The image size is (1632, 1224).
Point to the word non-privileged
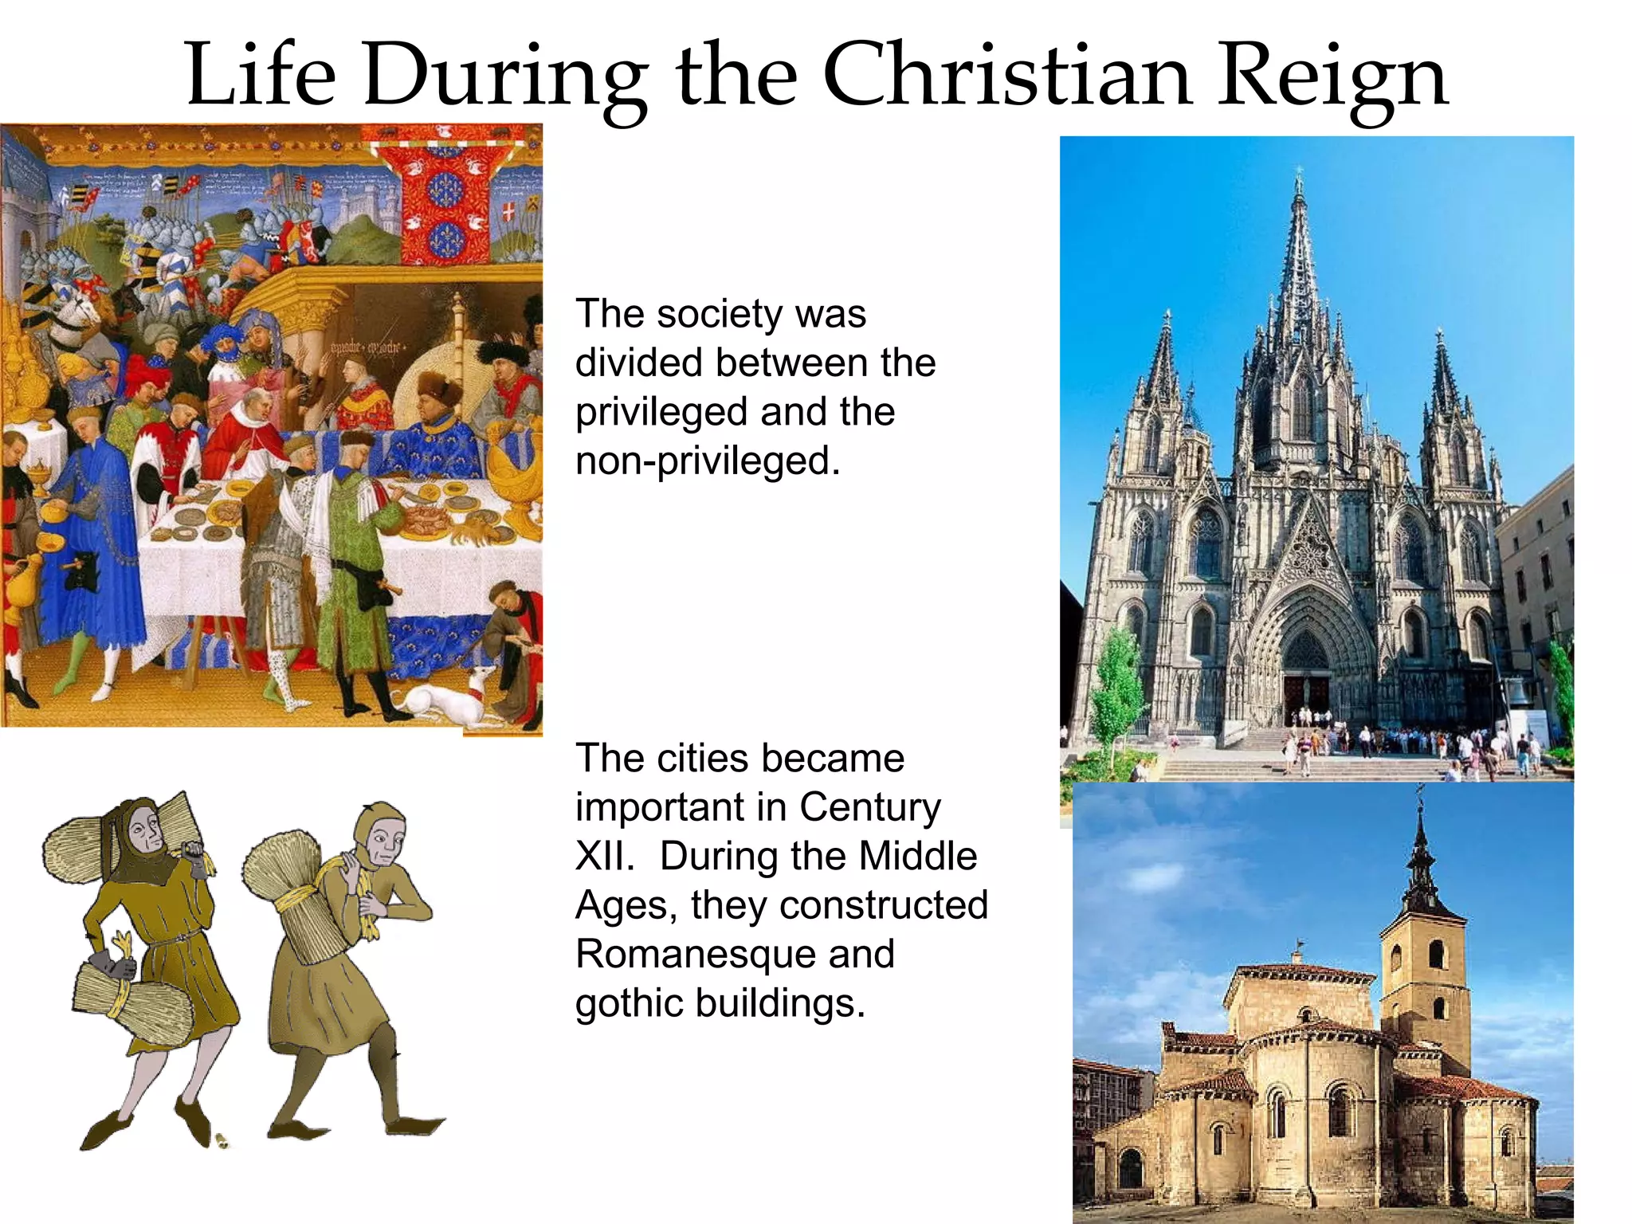click(x=708, y=461)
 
